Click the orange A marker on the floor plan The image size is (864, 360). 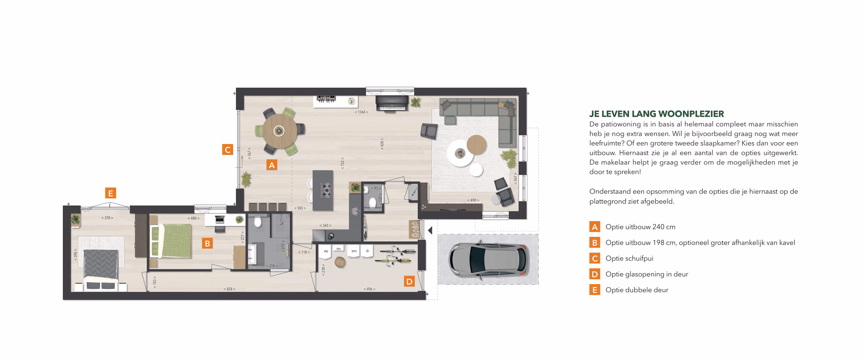[x=272, y=165]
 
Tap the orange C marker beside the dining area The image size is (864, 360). [x=228, y=149]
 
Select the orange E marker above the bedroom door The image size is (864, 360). [x=110, y=193]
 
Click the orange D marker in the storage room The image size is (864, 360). [x=409, y=281]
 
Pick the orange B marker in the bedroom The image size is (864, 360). [x=207, y=243]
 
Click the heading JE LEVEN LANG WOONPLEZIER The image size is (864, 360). [x=656, y=114]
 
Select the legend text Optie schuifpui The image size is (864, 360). [x=629, y=258]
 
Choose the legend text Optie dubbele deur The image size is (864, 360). [x=636, y=290]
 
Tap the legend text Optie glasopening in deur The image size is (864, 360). [x=647, y=274]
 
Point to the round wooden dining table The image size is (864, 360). [x=279, y=131]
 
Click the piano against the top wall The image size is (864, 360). [x=392, y=103]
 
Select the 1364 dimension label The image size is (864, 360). [x=361, y=112]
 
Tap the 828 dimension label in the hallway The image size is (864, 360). [x=230, y=289]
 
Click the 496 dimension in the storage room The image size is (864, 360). [x=369, y=289]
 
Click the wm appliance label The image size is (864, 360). [x=354, y=251]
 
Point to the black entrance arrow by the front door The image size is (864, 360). [x=430, y=230]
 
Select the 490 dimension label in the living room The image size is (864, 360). [x=473, y=200]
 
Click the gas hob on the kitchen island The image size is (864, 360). [x=326, y=190]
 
